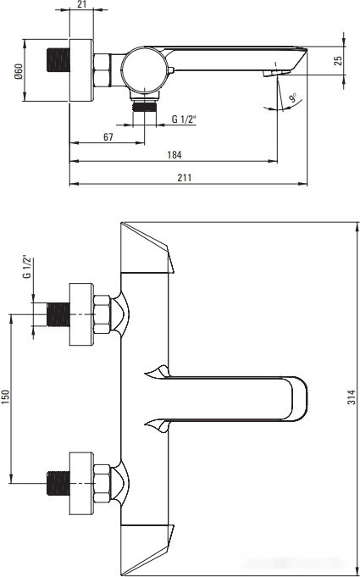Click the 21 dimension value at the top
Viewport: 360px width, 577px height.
coord(82,4)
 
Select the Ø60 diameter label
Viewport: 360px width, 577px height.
coord(19,70)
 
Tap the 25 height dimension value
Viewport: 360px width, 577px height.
coord(339,60)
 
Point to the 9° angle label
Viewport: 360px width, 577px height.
coord(293,98)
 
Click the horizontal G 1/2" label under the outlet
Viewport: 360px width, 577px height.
coord(184,119)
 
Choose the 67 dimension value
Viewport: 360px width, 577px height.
coord(108,137)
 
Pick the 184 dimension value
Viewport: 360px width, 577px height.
coord(174,155)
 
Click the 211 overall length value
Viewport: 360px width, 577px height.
coord(185,178)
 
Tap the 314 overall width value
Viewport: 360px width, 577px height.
coord(352,397)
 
